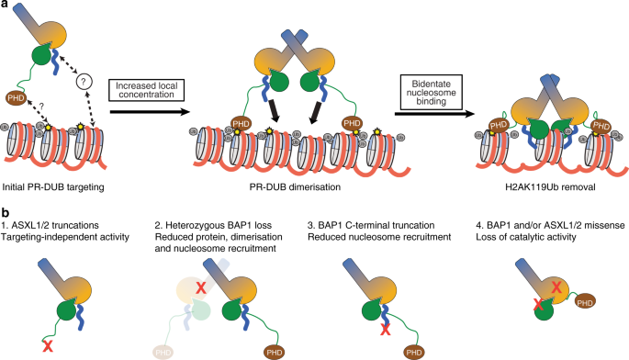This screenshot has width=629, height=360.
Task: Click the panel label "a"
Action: (x=6, y=6)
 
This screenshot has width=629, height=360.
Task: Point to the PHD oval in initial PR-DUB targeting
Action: (x=16, y=97)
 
